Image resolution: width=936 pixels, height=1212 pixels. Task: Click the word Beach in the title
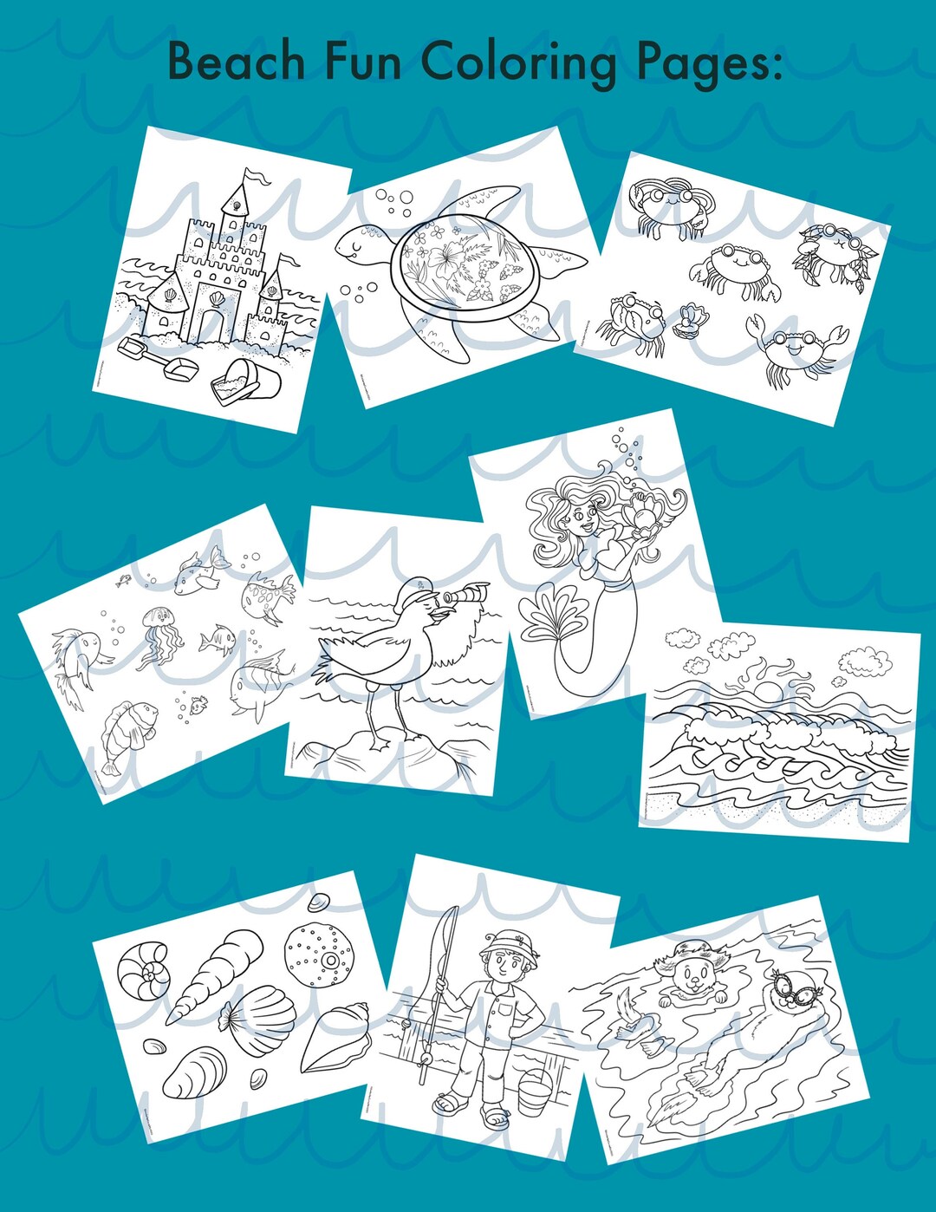(236, 62)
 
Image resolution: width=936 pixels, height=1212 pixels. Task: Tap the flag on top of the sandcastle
(257, 178)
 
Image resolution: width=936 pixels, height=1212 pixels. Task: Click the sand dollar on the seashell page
(319, 955)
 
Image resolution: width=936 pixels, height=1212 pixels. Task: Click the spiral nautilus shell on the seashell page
(144, 970)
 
